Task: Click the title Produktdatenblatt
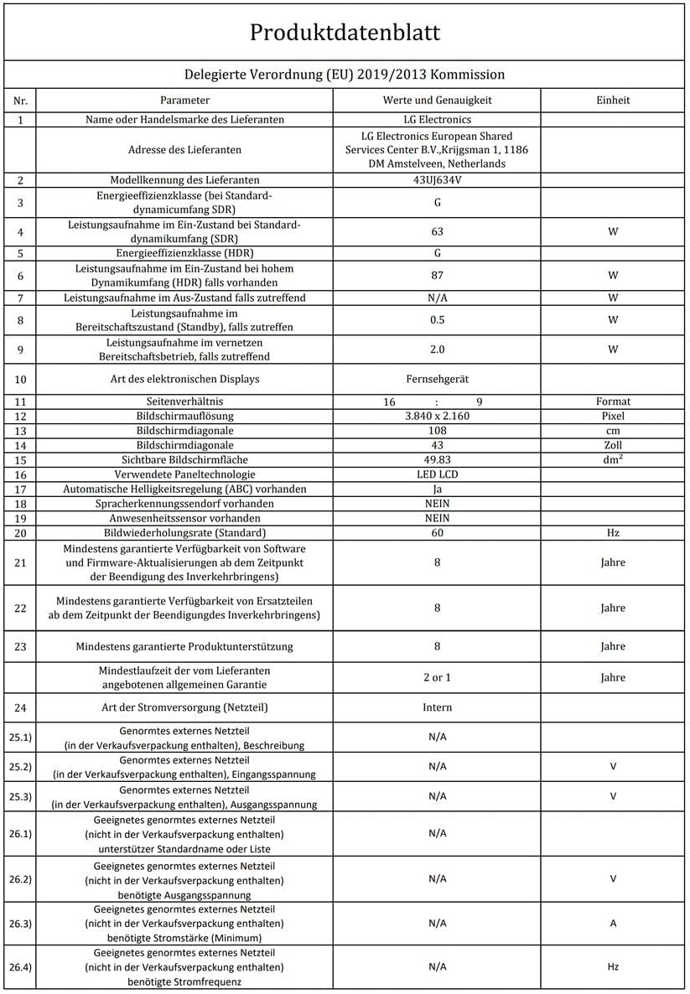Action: point(345,33)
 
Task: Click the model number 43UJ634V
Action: point(437,180)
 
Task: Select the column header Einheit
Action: point(612,100)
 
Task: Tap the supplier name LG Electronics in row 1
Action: point(437,120)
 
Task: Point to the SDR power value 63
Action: point(437,231)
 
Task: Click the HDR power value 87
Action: point(437,275)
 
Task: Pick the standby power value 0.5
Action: point(437,319)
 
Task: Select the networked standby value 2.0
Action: point(437,349)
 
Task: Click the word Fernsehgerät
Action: point(437,379)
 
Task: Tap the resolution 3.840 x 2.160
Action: point(437,417)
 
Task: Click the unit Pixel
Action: point(612,417)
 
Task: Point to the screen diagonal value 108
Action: point(437,431)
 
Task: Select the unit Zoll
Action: point(612,445)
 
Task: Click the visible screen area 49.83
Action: point(437,459)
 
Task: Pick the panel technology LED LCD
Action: point(437,474)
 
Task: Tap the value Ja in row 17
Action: point(437,489)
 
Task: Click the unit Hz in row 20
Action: point(612,533)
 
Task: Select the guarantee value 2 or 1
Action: point(437,677)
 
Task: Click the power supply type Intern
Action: point(437,707)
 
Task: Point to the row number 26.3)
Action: point(20,923)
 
